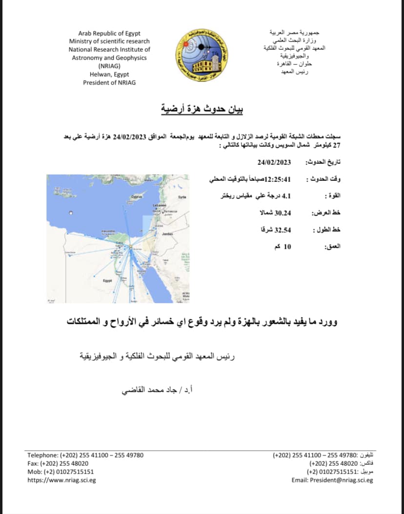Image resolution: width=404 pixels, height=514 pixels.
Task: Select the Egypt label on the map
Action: tap(107, 281)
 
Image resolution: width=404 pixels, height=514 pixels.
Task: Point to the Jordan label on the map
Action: tap(167, 234)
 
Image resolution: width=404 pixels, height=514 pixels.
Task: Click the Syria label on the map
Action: tap(182, 197)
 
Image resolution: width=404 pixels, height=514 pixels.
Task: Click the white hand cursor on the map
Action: tap(72, 213)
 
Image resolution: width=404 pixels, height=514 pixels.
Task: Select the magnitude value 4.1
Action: tap(288, 196)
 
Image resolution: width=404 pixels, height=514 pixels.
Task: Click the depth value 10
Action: tap(287, 246)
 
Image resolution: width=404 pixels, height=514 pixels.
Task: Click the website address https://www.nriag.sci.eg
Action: tap(61, 480)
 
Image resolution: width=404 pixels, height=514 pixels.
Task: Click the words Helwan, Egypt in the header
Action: tap(109, 74)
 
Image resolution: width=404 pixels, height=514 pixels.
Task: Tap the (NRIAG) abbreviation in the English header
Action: tap(109, 66)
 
